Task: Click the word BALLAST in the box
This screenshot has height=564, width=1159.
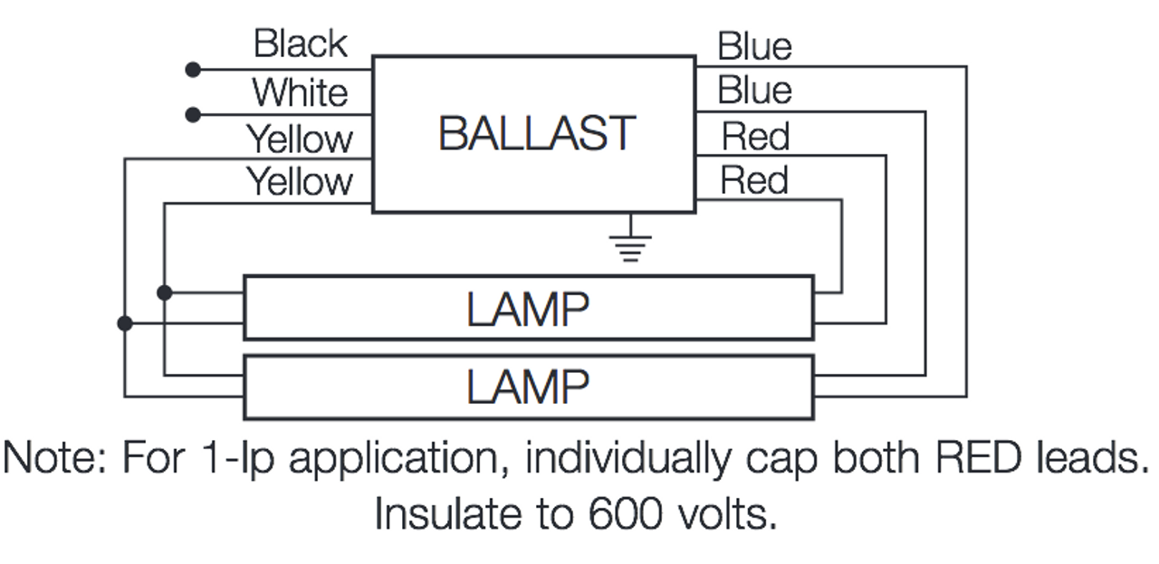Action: point(536,134)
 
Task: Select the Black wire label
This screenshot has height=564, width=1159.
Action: point(300,43)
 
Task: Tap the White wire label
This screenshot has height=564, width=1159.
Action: point(300,92)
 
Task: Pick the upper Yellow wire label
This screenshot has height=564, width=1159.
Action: point(300,139)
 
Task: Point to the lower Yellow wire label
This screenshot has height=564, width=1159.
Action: point(300,182)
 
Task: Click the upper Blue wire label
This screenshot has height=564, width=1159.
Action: point(754,46)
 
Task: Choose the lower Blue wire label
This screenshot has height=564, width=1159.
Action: point(754,91)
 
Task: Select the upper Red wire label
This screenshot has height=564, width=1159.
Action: point(755,137)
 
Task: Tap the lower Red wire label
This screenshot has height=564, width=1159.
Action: point(754,181)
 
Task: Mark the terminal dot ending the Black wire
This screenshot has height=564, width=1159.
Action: point(192,69)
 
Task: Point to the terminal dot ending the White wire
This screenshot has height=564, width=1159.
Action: point(192,115)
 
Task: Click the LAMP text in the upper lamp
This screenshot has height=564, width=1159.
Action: point(528,310)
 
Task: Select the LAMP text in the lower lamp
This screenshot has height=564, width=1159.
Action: point(528,387)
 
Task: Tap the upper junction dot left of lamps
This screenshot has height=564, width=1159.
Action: point(164,292)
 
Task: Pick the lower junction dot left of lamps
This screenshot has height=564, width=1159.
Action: point(125,322)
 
